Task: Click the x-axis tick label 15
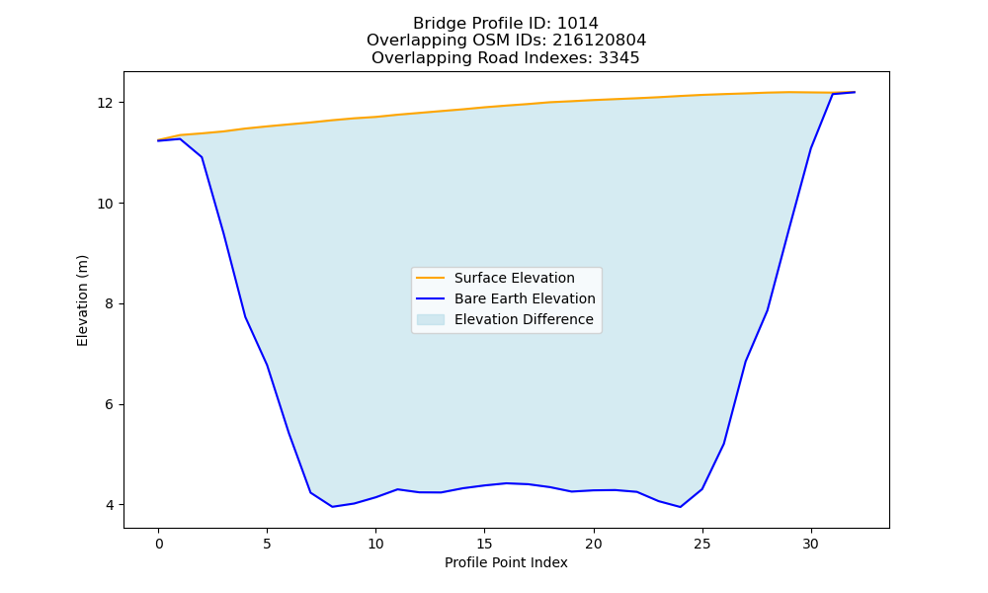(x=484, y=544)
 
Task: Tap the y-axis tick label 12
(x=107, y=103)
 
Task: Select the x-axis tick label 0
(x=159, y=544)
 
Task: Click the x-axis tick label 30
(x=811, y=544)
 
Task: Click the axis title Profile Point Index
(x=506, y=562)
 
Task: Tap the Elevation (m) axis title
(x=83, y=300)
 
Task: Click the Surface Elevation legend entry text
(x=514, y=278)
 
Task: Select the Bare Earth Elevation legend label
(x=525, y=298)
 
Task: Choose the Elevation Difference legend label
(x=524, y=319)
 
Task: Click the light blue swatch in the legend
(x=431, y=319)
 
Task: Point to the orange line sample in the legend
(x=431, y=278)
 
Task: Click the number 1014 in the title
(x=578, y=24)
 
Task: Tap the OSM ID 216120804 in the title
(x=600, y=41)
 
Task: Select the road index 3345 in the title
(x=618, y=58)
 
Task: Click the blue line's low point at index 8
(x=333, y=507)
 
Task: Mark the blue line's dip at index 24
(x=681, y=507)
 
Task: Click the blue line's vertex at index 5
(x=267, y=365)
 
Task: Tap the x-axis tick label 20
(x=594, y=544)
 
